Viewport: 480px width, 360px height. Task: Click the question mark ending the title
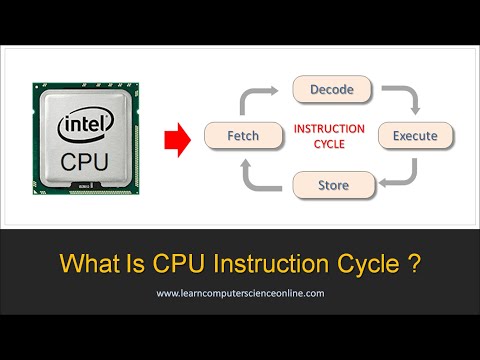pyautogui.click(x=413, y=265)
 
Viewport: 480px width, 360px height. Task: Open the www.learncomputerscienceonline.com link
pyautogui.click(x=239, y=295)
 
